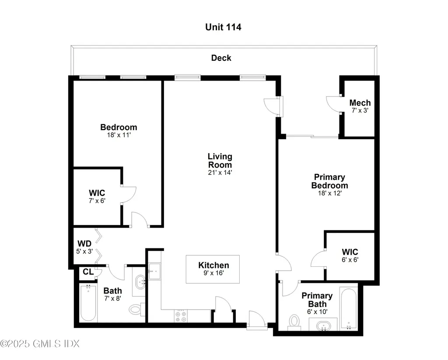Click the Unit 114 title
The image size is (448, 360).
[223, 27]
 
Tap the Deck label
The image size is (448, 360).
[221, 58]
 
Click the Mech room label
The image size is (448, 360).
[360, 102]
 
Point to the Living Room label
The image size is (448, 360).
[220, 161]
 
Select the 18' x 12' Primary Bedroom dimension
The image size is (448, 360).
[330, 193]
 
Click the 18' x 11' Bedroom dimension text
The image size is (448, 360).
[119, 135]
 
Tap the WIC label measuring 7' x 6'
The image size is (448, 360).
[97, 193]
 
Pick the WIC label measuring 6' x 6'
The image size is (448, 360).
[350, 252]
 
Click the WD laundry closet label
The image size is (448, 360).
[84, 244]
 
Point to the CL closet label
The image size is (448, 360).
[88, 272]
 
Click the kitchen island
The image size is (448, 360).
[213, 269]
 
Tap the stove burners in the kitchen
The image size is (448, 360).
[181, 316]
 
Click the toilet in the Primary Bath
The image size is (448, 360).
[294, 321]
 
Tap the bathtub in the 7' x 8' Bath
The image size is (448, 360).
[88, 303]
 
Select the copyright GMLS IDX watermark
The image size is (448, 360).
[40, 343]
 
